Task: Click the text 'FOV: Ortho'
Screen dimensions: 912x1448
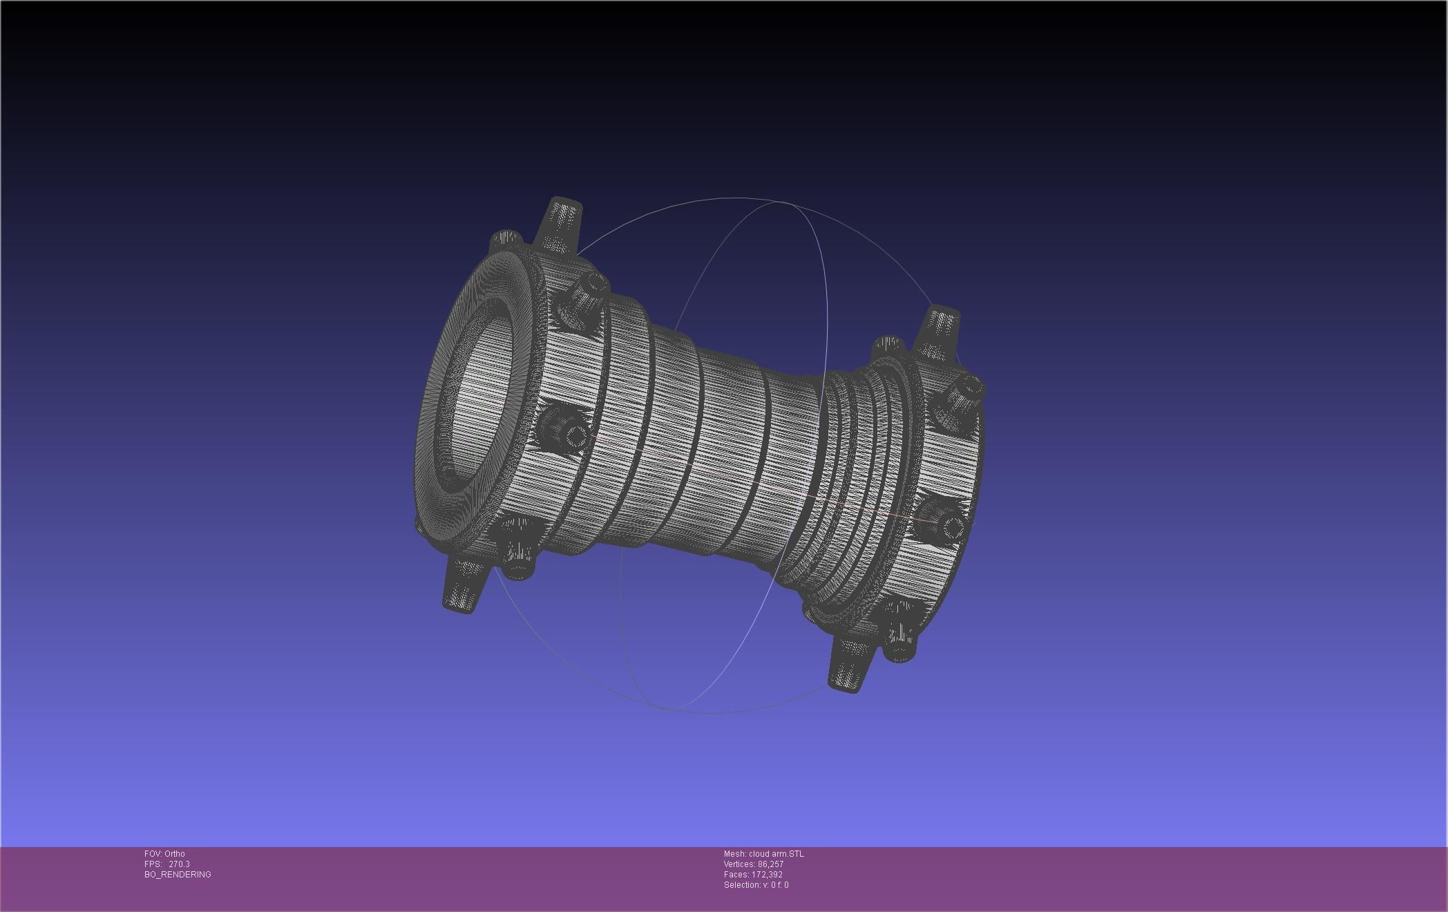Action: coord(164,854)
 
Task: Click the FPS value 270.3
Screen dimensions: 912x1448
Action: coord(179,864)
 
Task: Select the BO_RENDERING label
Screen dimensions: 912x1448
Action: coord(178,875)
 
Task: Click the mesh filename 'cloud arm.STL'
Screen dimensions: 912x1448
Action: coord(776,854)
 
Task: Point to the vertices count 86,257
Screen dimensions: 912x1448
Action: coord(770,864)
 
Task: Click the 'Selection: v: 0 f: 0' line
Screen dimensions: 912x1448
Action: coord(756,885)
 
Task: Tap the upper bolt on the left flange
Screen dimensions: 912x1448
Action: coord(584,298)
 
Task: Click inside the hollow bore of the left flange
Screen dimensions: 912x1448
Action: coord(477,401)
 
